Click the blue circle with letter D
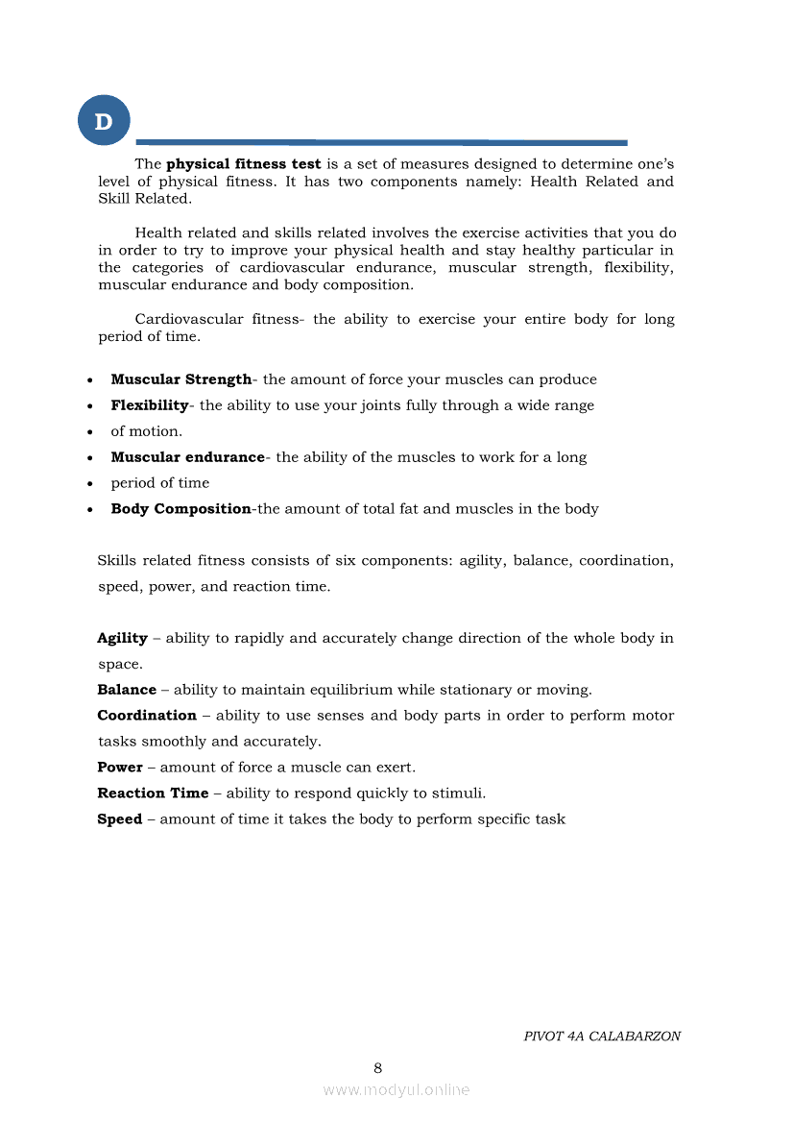tap(103, 121)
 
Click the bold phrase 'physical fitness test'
tap(243, 164)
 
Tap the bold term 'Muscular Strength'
tap(180, 379)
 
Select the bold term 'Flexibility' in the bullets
tap(149, 405)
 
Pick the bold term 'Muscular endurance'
tap(187, 457)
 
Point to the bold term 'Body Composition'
tap(180, 509)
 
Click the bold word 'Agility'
tap(122, 638)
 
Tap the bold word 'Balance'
tap(127, 690)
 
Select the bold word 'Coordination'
tap(147, 716)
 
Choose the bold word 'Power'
tap(120, 768)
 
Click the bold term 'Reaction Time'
tap(153, 793)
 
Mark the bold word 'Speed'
tap(120, 819)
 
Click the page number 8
tap(377, 1068)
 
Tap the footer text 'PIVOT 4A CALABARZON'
tap(602, 1037)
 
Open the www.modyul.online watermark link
tap(396, 1089)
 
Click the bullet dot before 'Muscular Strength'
tap(89, 380)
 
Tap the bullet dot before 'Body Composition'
tap(89, 510)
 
